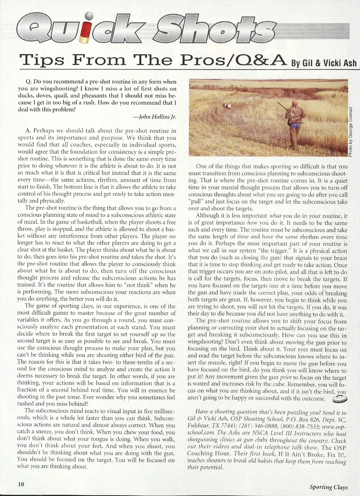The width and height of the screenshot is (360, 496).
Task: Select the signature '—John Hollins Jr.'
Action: (156, 117)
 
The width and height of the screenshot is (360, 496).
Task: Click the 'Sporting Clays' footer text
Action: (328, 487)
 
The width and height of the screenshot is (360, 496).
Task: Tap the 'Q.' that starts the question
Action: (29, 82)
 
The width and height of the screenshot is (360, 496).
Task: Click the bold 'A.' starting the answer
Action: (29, 131)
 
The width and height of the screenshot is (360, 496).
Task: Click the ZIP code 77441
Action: (222, 426)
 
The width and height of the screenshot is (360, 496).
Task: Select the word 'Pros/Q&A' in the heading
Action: (232, 60)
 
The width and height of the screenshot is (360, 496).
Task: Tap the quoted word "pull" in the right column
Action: (195, 202)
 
